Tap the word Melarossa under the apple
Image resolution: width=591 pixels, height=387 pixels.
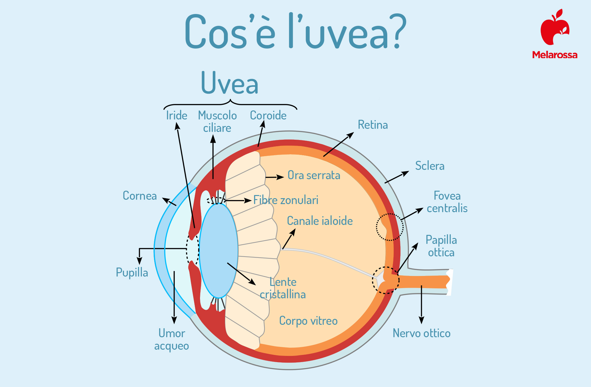pos(555,55)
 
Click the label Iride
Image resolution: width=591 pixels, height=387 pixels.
pos(176,115)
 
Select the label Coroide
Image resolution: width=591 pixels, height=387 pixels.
pos(268,115)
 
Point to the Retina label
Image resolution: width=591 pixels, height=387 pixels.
pos(373,125)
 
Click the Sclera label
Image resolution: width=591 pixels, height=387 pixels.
pos(430,166)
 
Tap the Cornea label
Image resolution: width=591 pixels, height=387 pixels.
pos(140,196)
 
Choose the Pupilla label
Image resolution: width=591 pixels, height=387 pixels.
pos(132,273)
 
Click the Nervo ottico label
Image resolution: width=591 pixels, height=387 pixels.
pos(421,333)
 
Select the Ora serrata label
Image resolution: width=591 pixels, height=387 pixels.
pos(314,175)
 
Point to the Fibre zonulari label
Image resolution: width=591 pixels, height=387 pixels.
pos(286,200)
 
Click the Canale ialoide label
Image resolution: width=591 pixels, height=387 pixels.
pos(320,221)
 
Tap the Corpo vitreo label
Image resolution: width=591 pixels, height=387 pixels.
pos(308,321)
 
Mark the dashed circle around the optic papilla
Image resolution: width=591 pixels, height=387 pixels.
pos(372,280)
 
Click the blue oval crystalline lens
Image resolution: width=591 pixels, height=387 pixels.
pos(219,251)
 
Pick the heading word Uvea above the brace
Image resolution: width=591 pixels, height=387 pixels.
pos(230,83)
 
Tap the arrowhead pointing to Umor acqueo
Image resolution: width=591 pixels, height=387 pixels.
pos(174,320)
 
